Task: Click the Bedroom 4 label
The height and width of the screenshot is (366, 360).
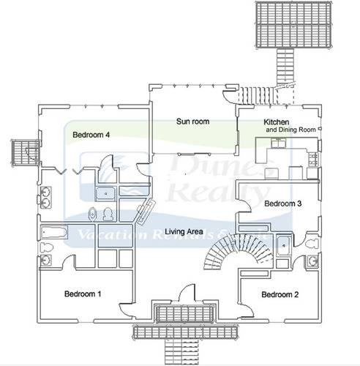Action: (x=91, y=135)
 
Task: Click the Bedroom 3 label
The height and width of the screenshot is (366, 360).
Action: (x=282, y=203)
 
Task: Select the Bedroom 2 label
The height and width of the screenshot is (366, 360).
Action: (x=280, y=294)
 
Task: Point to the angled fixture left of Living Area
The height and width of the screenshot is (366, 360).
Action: (x=143, y=212)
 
